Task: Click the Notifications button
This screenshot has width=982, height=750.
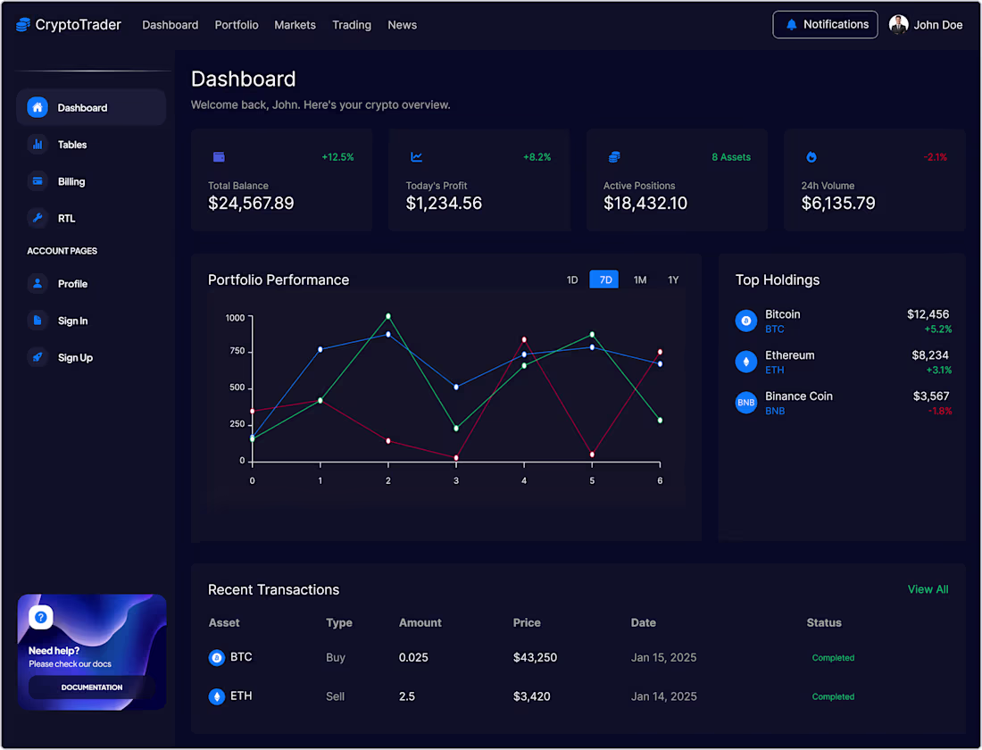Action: tap(825, 25)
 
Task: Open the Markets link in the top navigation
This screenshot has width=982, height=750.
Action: tap(295, 25)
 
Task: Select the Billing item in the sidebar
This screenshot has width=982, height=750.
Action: tap(71, 181)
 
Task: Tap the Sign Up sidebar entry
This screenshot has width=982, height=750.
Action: tap(75, 357)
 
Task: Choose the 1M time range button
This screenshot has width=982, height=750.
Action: tap(640, 279)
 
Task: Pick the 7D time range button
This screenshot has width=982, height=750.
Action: tap(604, 279)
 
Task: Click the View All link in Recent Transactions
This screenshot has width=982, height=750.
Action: tap(928, 589)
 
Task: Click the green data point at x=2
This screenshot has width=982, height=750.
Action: tap(388, 316)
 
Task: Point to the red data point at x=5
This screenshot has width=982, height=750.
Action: tap(592, 454)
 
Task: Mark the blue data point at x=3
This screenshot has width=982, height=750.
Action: tap(456, 387)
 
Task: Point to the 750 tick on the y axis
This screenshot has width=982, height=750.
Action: tap(236, 351)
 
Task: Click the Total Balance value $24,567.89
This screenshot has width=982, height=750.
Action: tap(251, 204)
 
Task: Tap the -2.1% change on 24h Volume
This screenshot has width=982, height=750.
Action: tap(936, 157)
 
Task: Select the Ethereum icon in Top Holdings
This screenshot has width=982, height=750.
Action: tap(746, 362)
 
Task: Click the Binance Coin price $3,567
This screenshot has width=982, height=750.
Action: tap(931, 396)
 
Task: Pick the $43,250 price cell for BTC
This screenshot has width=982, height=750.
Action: tap(535, 657)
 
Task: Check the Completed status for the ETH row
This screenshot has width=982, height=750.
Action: tap(833, 696)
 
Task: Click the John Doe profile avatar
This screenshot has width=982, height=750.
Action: tap(899, 25)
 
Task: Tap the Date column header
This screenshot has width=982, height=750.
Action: tap(643, 622)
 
